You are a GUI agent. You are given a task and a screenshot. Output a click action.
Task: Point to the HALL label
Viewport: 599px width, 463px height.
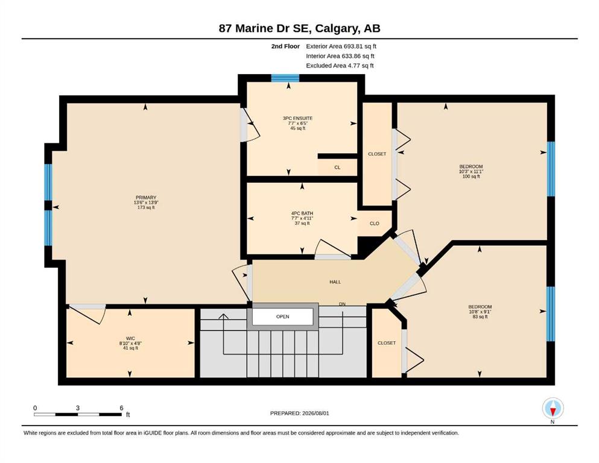pyautogui.click(x=335, y=282)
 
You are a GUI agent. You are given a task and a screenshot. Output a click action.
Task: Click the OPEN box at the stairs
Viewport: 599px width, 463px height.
pyautogui.click(x=283, y=317)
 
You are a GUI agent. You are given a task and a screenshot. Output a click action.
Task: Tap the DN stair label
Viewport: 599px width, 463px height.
pyautogui.click(x=342, y=304)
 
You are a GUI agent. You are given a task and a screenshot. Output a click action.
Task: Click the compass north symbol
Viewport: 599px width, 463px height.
pyautogui.click(x=553, y=409)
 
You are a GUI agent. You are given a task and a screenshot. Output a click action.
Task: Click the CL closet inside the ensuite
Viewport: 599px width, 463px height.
pyautogui.click(x=337, y=167)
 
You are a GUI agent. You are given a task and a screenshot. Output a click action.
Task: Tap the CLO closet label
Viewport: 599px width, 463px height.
pyautogui.click(x=375, y=223)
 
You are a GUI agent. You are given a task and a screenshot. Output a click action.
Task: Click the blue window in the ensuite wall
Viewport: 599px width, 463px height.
pyautogui.click(x=285, y=78)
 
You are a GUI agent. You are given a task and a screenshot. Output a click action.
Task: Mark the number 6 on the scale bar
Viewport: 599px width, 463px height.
pyautogui.click(x=121, y=408)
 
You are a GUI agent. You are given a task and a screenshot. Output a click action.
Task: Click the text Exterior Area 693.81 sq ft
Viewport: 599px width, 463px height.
pyautogui.click(x=341, y=46)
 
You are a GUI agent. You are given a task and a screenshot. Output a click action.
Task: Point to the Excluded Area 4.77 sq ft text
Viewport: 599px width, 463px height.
pyautogui.click(x=340, y=66)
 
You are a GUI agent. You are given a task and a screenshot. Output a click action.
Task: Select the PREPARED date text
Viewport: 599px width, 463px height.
pyautogui.click(x=299, y=413)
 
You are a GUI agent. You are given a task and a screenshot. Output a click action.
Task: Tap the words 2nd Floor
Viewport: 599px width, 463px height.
pyautogui.click(x=285, y=46)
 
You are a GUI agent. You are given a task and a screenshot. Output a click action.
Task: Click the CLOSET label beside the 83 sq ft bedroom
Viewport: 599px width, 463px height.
pyautogui.click(x=387, y=343)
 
